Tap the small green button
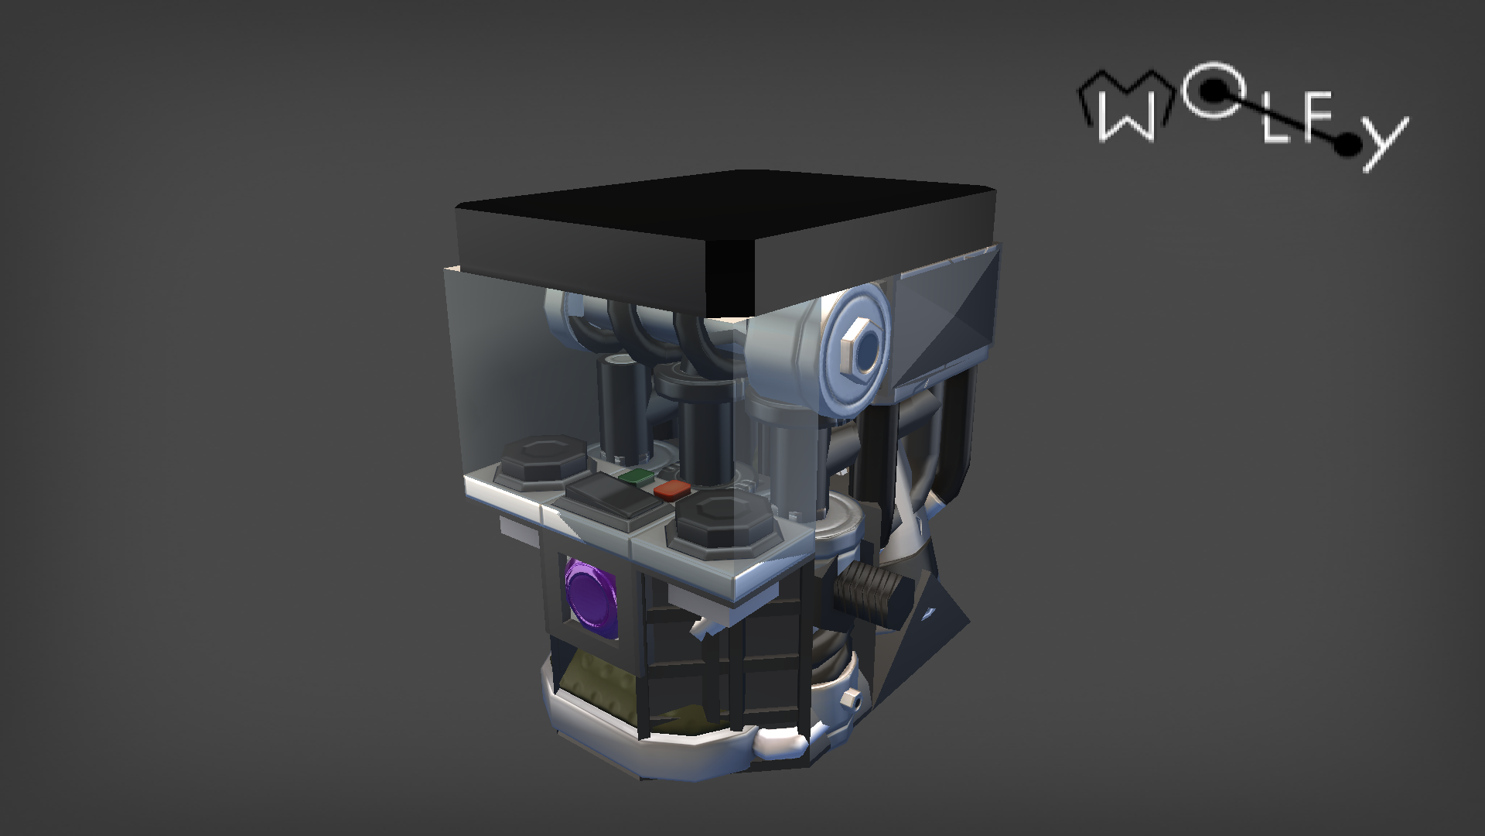[636, 477]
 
